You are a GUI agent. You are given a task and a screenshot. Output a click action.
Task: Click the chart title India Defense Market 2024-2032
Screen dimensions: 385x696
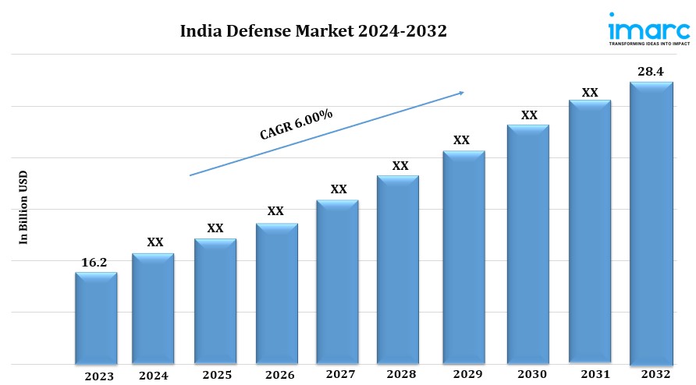pyautogui.click(x=314, y=32)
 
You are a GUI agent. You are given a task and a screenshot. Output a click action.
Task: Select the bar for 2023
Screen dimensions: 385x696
pyautogui.click(x=96, y=318)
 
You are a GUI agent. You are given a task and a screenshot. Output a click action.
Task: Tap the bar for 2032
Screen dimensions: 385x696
pyautogui.click(x=652, y=223)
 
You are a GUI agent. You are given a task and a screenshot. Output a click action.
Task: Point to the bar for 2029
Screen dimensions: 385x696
pyautogui.click(x=463, y=257)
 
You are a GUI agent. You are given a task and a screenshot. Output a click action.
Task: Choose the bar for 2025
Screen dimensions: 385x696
pyautogui.click(x=215, y=301)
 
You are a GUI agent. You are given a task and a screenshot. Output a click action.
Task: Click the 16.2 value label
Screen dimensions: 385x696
pyautogui.click(x=94, y=263)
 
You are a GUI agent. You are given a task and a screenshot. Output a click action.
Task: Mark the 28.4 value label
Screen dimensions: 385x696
pyautogui.click(x=652, y=72)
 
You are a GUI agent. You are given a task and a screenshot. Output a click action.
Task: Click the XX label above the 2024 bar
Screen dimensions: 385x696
pyautogui.click(x=155, y=242)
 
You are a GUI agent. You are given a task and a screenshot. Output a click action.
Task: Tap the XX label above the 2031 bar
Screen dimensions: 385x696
pyautogui.click(x=590, y=92)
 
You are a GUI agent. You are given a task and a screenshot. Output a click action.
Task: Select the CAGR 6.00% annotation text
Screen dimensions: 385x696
pyautogui.click(x=297, y=125)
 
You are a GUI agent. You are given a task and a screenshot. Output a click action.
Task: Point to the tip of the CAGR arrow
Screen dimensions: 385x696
pyautogui.click(x=463, y=92)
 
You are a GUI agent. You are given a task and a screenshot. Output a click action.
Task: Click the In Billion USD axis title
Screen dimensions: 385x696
pyautogui.click(x=23, y=208)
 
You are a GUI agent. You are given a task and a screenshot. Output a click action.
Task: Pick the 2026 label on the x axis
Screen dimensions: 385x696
pyautogui.click(x=279, y=376)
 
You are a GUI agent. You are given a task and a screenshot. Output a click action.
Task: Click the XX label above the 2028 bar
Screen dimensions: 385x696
pyautogui.click(x=399, y=166)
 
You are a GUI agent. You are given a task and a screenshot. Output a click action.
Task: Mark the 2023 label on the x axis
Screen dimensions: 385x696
pyautogui.click(x=100, y=376)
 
